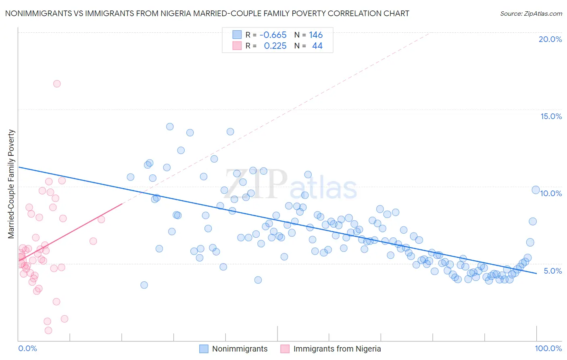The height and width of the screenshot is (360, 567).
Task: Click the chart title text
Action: click(207, 13)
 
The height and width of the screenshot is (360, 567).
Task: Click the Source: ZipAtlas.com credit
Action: click(531, 13)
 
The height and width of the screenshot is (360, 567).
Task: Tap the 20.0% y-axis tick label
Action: click(550, 39)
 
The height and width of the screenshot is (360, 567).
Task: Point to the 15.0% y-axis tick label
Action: click(551, 116)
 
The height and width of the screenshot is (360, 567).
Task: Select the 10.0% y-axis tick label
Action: click(551, 193)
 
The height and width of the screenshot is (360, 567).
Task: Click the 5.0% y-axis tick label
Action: click(552, 271)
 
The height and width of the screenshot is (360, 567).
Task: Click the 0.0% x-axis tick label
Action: click(27, 348)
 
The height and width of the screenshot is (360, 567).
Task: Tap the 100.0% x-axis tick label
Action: click(548, 348)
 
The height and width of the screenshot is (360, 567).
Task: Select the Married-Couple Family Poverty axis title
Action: click(11, 184)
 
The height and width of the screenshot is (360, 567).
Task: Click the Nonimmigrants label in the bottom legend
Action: click(240, 349)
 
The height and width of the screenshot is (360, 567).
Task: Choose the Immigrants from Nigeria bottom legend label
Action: click(337, 349)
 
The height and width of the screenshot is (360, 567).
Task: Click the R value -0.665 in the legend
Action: click(273, 35)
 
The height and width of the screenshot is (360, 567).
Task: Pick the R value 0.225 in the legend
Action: click(275, 46)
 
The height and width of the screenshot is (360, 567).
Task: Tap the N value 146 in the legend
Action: click(316, 35)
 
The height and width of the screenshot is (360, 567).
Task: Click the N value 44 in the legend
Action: click(317, 46)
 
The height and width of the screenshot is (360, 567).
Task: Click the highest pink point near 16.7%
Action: click(57, 84)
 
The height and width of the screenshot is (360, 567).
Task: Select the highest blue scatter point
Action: click(170, 127)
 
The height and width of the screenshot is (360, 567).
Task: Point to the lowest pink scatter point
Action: click(48, 330)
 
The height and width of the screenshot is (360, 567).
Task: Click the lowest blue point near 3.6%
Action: click(144, 285)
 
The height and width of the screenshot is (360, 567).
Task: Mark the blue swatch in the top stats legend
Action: click(237, 35)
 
